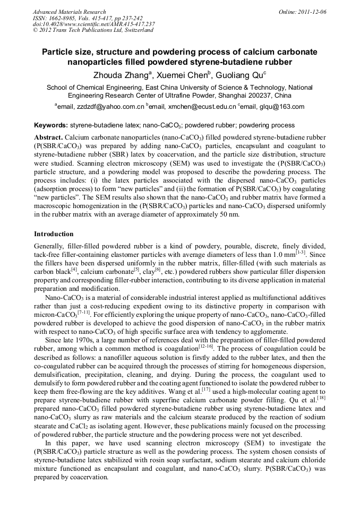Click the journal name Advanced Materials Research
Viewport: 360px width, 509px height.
69,12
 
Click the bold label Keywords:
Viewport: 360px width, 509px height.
51,126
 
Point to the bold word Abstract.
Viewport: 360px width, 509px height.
48,137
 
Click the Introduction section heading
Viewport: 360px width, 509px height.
54,234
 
